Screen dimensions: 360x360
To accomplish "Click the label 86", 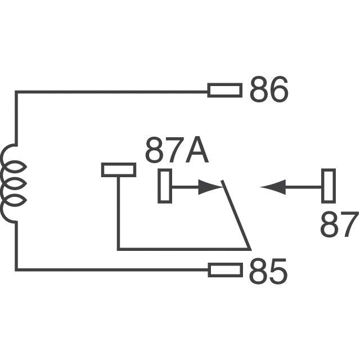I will (x=268, y=91).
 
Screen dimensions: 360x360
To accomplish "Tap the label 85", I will (x=268, y=272).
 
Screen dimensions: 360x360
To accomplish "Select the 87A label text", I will (x=177, y=151).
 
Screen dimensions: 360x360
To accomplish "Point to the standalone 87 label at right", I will (x=339, y=225).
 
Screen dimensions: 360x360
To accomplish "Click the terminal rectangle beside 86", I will (x=225, y=90).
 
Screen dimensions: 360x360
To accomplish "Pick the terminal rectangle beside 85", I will (x=225, y=270).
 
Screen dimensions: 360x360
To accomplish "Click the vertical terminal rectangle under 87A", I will (x=165, y=186).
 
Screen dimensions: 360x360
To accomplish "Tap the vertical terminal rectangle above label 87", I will (x=328, y=186).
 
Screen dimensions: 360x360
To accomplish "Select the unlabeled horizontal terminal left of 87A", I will (x=118, y=170).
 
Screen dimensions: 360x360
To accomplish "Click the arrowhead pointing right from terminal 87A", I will (x=210, y=187).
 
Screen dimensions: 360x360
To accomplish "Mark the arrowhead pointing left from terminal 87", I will (x=273, y=187).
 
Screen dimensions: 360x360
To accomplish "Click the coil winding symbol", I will (x=12, y=183).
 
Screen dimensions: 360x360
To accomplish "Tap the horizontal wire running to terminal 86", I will (x=112, y=91).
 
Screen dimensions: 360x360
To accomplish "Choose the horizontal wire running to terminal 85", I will (x=112, y=270).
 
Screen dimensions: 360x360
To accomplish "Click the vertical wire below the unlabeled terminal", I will (x=118, y=214).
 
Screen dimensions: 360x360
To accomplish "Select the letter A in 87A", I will (x=196, y=151).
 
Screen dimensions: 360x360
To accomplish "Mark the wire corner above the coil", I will (x=16, y=92).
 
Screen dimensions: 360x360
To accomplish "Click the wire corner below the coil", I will (x=16, y=270).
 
